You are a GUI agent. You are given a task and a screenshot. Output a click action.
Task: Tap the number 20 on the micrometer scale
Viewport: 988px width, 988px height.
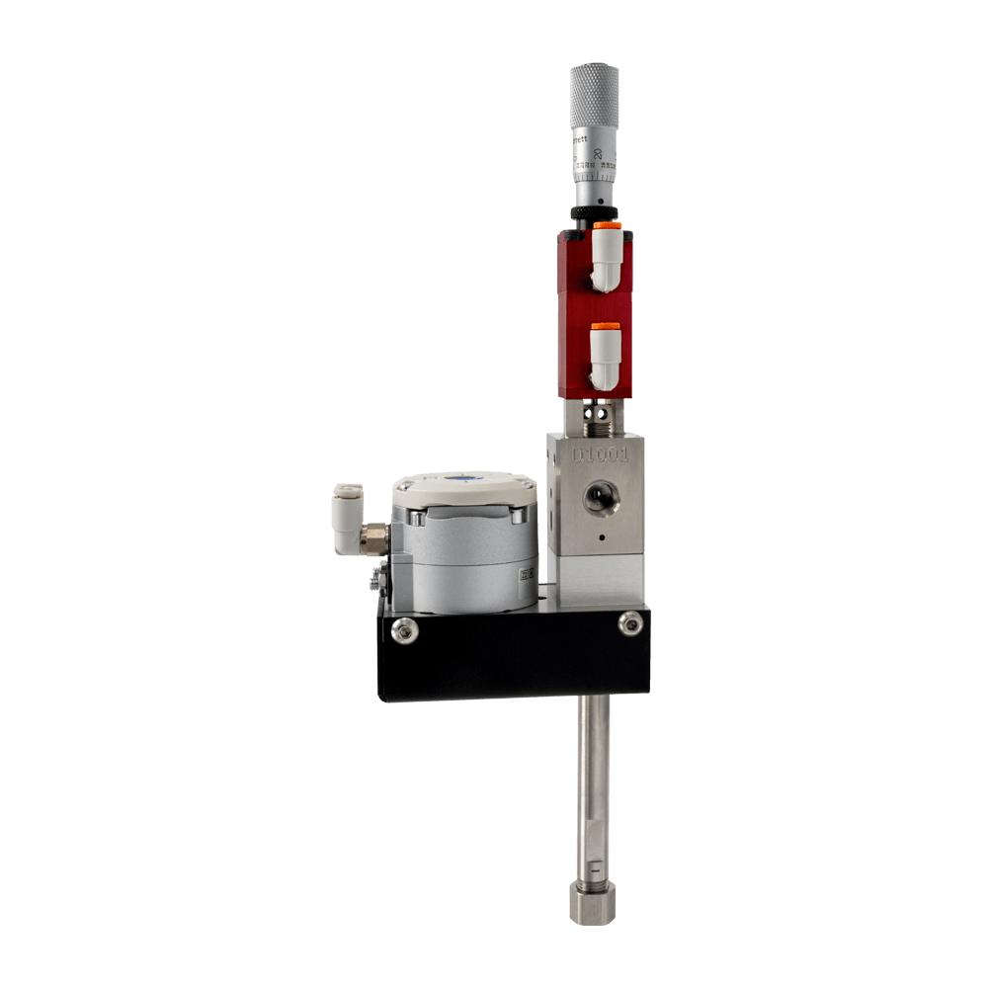pos(599,152)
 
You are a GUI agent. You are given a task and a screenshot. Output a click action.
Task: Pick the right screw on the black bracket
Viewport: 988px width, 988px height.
pos(629,621)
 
